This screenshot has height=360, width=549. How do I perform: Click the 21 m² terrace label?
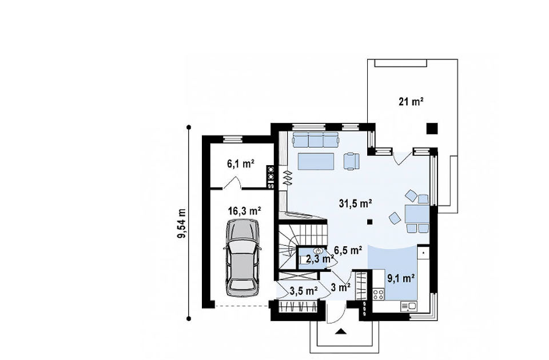[x=411, y=102]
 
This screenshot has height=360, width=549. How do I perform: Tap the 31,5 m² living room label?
[x=355, y=203]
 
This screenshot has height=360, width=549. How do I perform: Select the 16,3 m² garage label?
[x=245, y=211]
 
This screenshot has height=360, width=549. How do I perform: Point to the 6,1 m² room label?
[x=241, y=163]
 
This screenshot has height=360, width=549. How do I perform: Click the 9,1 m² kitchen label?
[x=401, y=278]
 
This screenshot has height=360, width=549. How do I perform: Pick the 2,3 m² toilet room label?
[x=320, y=259]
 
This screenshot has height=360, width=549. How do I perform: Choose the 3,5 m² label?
[x=304, y=290]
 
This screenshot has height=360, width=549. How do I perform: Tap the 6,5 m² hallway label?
[x=348, y=250]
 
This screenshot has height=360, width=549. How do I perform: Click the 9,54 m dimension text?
[x=182, y=223]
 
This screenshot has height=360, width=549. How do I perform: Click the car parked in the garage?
[x=242, y=258]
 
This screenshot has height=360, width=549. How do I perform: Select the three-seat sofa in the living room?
[x=316, y=139]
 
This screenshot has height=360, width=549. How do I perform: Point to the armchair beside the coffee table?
[x=352, y=161]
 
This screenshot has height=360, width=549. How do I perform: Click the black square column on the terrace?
[x=432, y=129]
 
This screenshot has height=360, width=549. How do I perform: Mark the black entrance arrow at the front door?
[x=340, y=331]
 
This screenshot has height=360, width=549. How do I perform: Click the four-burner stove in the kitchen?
[x=378, y=294]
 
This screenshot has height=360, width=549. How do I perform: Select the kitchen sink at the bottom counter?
[x=408, y=306]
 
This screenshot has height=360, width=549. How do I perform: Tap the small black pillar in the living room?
[x=369, y=221]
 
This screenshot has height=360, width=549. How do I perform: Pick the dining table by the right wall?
[x=417, y=214]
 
